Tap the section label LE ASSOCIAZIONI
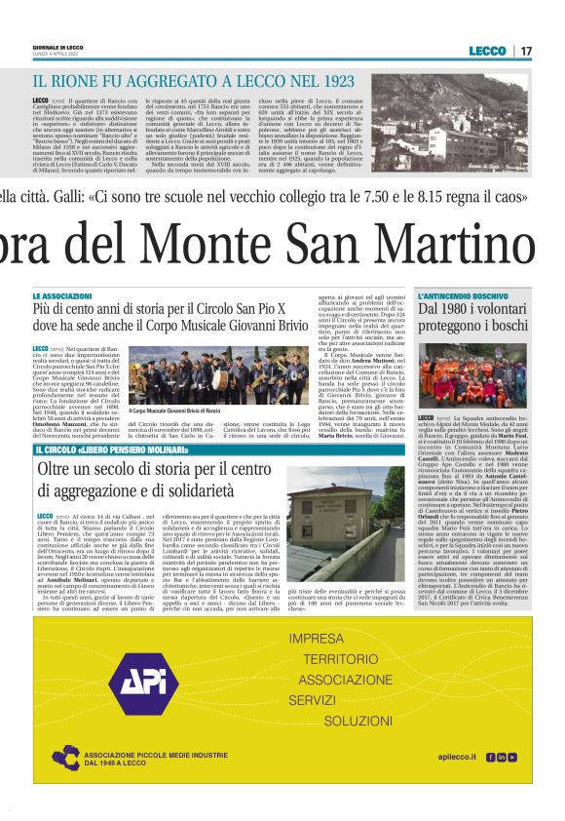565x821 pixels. pyautogui.click(x=90, y=295)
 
